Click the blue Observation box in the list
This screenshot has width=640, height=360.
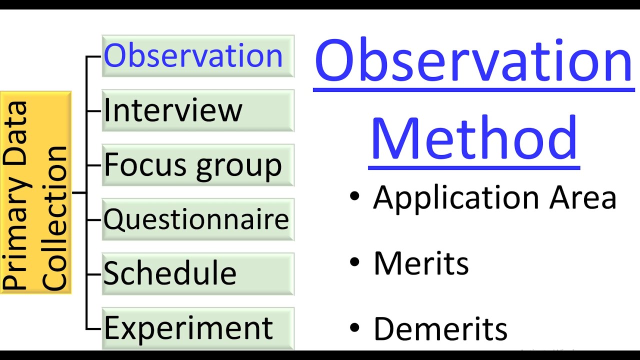(198, 56)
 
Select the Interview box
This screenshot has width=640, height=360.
(198, 110)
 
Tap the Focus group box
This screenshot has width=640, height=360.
(198, 165)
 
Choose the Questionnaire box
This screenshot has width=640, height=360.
(198, 219)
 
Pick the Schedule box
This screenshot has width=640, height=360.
(198, 273)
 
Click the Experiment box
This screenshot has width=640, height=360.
(198, 328)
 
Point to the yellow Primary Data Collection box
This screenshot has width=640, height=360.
(36, 192)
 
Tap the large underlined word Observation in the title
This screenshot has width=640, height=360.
(474, 62)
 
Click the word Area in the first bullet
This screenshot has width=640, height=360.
(582, 197)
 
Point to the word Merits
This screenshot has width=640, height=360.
(421, 263)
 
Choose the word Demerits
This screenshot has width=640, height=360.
(440, 329)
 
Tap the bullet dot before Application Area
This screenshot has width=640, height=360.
(354, 196)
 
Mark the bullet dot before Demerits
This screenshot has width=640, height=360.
(354, 327)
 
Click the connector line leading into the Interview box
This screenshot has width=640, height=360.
(94, 111)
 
